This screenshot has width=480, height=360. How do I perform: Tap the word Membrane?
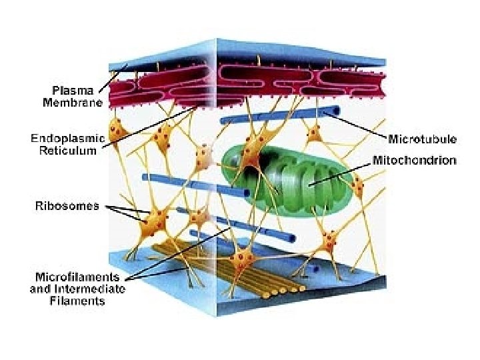tap(73, 103)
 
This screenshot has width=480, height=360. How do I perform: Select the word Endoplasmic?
tap(67, 139)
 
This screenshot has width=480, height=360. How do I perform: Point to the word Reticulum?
tap(69, 151)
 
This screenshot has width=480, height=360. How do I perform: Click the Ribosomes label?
tap(67, 205)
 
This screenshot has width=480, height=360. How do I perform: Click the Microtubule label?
tap(422, 139)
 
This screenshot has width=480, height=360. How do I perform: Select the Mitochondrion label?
tap(415, 161)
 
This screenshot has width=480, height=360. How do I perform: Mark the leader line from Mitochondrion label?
tap(340, 175)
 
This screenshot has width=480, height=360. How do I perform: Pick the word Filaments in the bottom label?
tap(77, 301)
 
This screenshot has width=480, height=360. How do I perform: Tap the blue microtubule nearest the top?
tap(280, 115)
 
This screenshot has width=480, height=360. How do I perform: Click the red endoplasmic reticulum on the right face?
tap(300, 83)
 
